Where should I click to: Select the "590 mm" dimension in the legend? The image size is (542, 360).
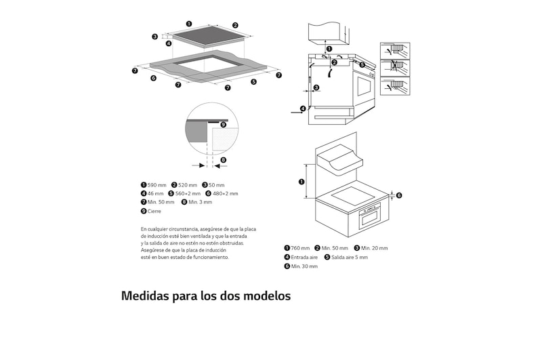pyautogui.click(x=157, y=185)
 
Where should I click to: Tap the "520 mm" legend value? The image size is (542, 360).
pyautogui.click(x=188, y=185)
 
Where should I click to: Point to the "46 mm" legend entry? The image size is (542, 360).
pyautogui.click(x=155, y=194)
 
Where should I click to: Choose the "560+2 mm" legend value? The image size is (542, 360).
pyautogui.click(x=188, y=194)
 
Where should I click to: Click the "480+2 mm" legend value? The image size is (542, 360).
pyautogui.click(x=225, y=194)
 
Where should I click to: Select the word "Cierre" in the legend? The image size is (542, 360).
pyautogui.click(x=154, y=212)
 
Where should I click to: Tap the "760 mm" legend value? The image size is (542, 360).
pyautogui.click(x=300, y=248)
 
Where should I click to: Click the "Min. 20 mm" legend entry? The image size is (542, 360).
pyautogui.click(x=374, y=248)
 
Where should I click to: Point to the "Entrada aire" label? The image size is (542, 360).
pyautogui.click(x=304, y=258)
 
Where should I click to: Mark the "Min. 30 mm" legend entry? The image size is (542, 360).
pyautogui.click(x=304, y=266)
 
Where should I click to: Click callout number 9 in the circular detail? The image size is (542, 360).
pyautogui.click(x=223, y=125)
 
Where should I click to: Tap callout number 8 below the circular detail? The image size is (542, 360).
pyautogui.click(x=222, y=160)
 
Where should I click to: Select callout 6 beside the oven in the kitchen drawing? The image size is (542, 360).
pyautogui.click(x=399, y=195)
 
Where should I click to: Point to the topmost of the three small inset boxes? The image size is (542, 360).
pyautogui.click(x=395, y=50)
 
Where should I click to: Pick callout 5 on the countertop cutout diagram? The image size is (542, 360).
pyautogui.click(x=253, y=81)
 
